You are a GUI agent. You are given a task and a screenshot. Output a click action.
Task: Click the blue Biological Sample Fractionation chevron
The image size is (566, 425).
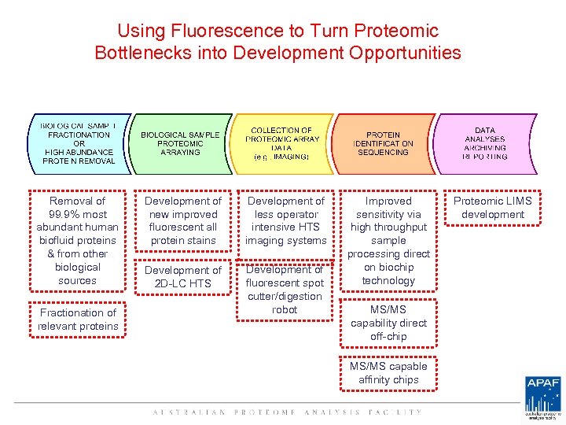[78, 142]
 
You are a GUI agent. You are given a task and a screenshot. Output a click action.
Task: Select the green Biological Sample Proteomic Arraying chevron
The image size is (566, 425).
[180, 143]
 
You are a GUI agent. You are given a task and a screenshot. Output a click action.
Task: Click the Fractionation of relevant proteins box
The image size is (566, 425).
[78, 320]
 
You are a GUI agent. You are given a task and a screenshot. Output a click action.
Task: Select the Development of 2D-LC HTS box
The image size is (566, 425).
[182, 277]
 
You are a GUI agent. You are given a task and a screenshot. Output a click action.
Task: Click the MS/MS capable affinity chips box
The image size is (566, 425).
[388, 373]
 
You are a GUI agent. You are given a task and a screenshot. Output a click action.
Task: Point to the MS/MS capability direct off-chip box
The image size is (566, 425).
[388, 323]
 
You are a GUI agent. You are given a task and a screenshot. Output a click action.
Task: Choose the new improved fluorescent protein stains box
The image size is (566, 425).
[182, 221]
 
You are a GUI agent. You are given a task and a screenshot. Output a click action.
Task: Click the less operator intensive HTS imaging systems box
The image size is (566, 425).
[285, 221]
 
